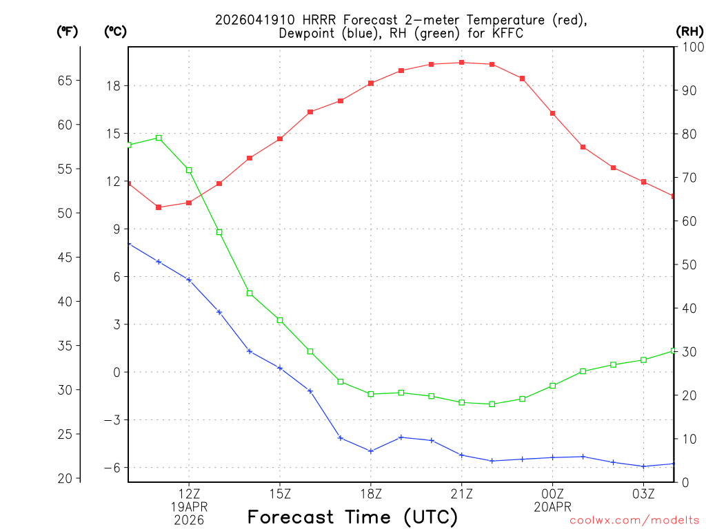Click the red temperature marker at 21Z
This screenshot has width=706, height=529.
coord(462,63)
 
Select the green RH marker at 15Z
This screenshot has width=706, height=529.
coord(280,320)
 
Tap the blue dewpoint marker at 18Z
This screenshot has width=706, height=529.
coord(371,451)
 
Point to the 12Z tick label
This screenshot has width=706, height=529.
coord(189,493)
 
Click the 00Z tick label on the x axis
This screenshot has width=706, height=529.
coord(552,493)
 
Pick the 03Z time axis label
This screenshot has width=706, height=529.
coord(643,493)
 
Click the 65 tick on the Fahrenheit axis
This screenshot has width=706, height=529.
coord(65,81)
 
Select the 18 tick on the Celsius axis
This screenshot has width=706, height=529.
coord(113,86)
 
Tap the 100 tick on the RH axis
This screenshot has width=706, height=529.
coord(689,47)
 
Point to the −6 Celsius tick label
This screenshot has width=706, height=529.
coord(112,468)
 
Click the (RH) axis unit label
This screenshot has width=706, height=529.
coord(689,31)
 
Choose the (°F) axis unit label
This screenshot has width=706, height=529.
coord(68,31)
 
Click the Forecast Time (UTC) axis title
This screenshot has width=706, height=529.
coord(352,517)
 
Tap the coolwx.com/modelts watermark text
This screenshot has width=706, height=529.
coord(634,521)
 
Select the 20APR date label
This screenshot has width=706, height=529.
coord(552,506)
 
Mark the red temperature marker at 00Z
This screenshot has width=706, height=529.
coord(553,113)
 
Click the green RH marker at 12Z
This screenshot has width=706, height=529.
coord(189,170)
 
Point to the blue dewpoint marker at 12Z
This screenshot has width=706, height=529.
coord(189,280)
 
